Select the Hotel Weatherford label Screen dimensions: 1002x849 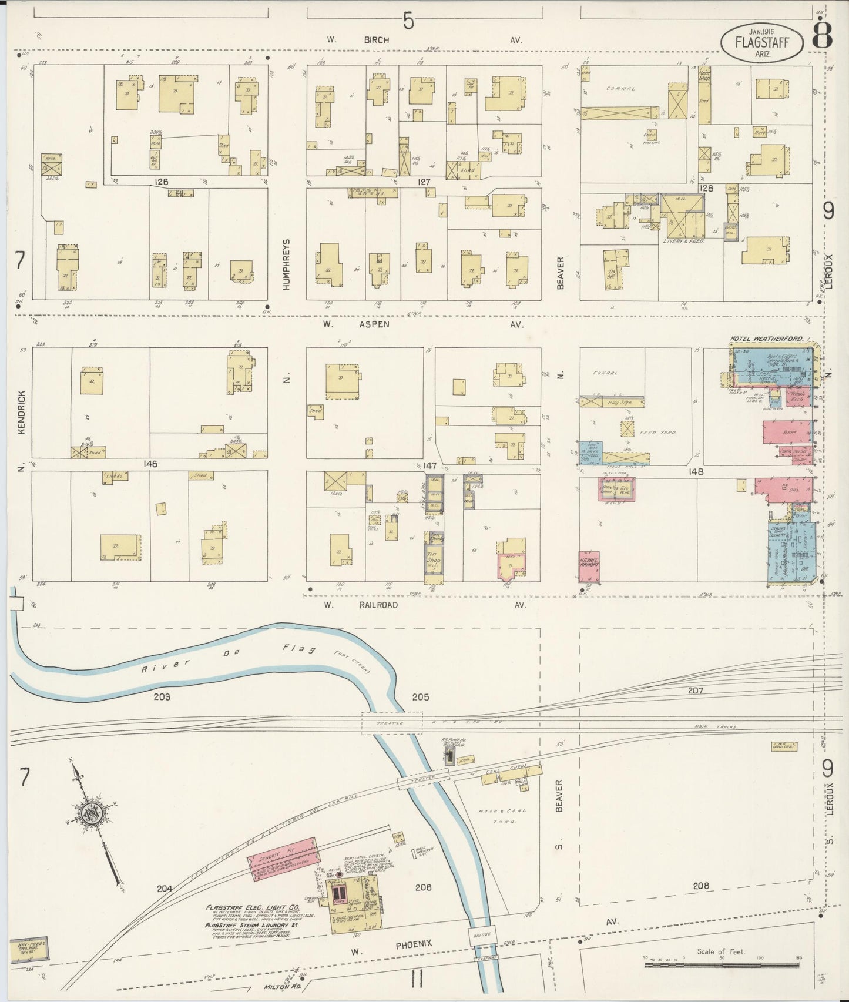click(x=767, y=339)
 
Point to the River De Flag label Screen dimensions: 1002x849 click(x=223, y=659)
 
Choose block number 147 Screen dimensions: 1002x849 click(x=429, y=466)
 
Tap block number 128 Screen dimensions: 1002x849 click(x=706, y=188)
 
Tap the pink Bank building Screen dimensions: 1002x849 click(x=786, y=434)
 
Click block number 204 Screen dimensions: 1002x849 click(x=165, y=889)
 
